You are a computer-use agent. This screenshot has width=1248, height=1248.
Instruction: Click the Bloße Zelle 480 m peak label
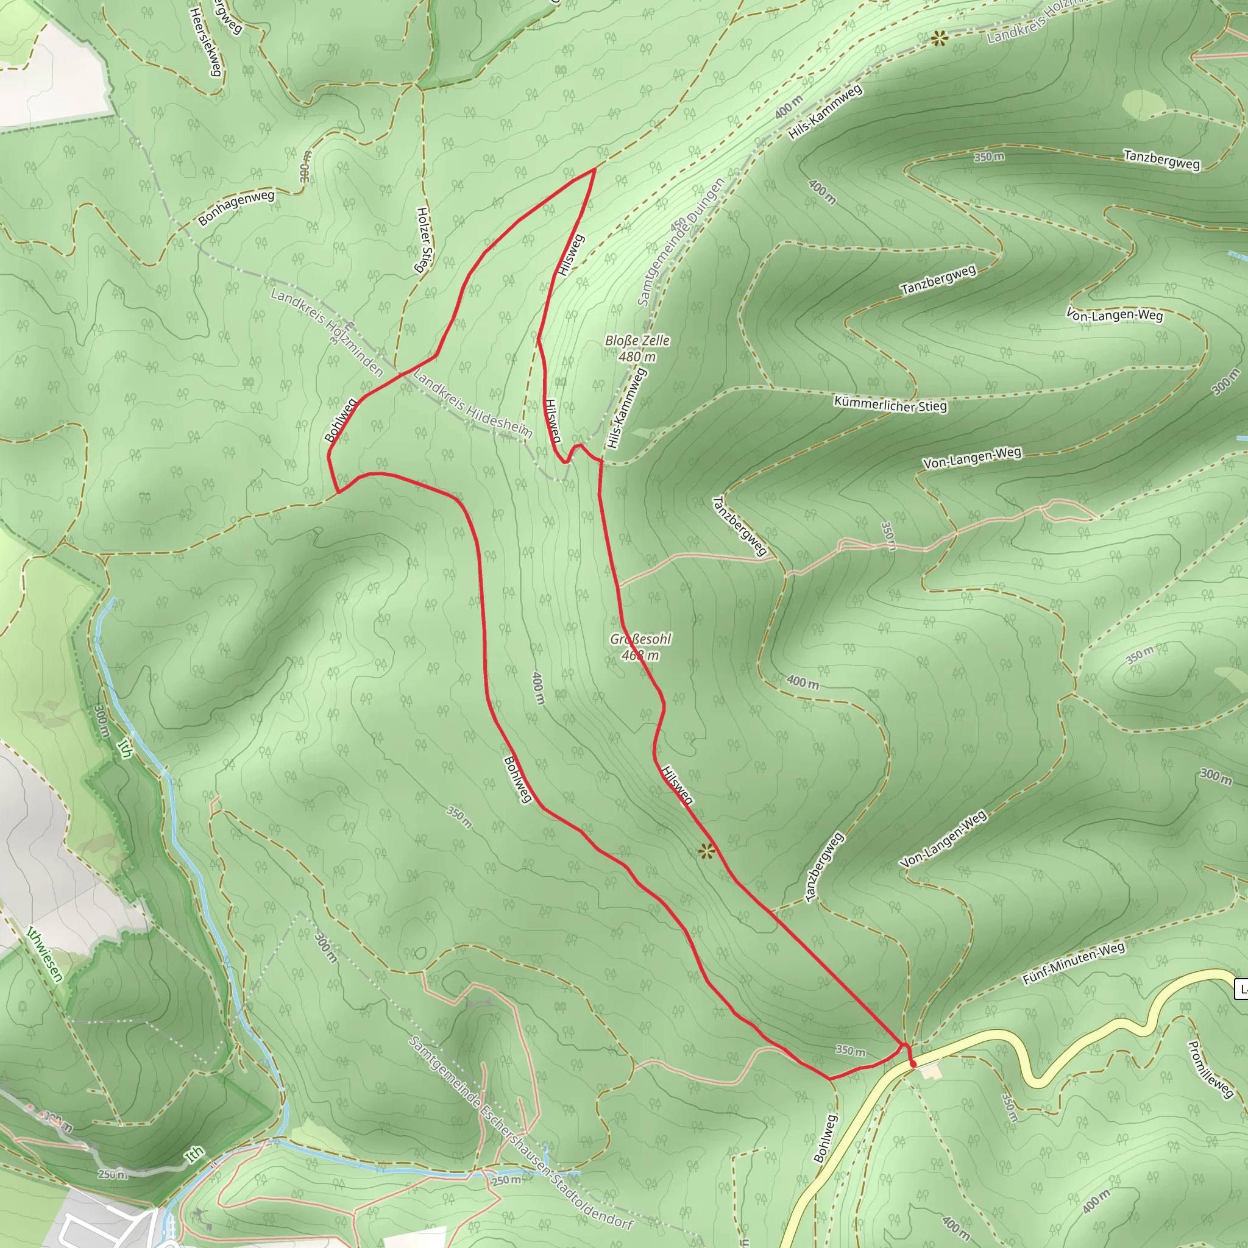(637, 348)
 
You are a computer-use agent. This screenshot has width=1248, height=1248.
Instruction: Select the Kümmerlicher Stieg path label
(890, 405)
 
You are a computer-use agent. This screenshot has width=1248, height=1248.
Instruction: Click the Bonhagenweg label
(236, 207)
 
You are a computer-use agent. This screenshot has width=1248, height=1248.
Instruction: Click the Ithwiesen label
(44, 954)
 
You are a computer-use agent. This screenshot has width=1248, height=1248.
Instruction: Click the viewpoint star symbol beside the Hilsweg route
(707, 852)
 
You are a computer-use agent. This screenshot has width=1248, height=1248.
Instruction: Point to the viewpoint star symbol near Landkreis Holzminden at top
(939, 40)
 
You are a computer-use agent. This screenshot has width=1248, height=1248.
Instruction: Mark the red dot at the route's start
(913, 1064)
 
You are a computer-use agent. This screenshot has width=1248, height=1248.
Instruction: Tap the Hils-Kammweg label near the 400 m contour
(825, 112)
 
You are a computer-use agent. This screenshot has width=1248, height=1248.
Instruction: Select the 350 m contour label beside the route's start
(850, 1051)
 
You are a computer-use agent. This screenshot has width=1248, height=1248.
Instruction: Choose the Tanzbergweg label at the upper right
(1161, 160)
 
